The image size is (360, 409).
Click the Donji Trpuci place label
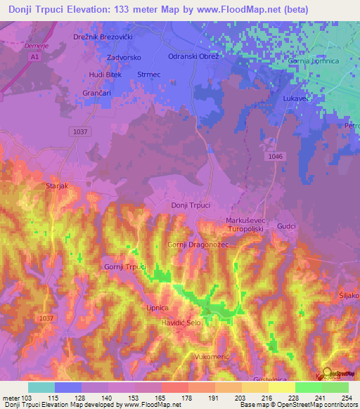point(191,205)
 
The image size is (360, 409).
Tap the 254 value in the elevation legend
point(345,398)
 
